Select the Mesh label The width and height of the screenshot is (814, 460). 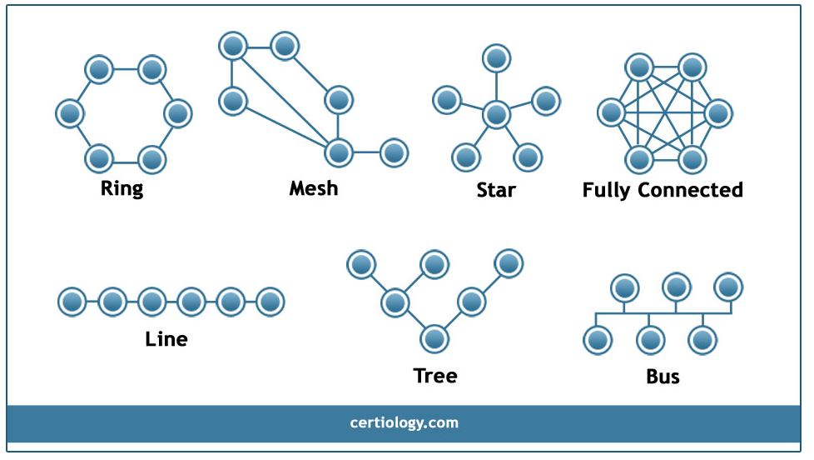[x=314, y=187]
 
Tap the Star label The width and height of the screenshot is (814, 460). [x=496, y=190]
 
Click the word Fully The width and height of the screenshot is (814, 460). [x=607, y=190]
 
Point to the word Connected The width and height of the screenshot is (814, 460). [x=690, y=190]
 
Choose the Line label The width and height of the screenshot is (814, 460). [x=166, y=339]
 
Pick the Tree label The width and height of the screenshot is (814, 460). [x=435, y=376]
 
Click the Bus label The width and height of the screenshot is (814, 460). [x=663, y=377]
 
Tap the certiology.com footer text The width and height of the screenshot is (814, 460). [x=405, y=422]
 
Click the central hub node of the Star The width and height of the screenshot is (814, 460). [x=496, y=114]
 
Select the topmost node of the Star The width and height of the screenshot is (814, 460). [x=497, y=58]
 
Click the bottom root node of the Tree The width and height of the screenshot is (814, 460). [x=434, y=338]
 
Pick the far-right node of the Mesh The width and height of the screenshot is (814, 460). [x=394, y=152]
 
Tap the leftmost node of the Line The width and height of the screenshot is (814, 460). [x=72, y=301]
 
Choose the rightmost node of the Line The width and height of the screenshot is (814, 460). [x=270, y=301]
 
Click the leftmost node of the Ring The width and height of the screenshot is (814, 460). [x=70, y=112]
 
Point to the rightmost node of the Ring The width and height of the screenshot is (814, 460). [x=178, y=112]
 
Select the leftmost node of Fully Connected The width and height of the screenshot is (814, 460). [x=612, y=112]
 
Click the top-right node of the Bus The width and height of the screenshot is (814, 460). [x=728, y=287]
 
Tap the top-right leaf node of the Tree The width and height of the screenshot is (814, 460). [x=509, y=264]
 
